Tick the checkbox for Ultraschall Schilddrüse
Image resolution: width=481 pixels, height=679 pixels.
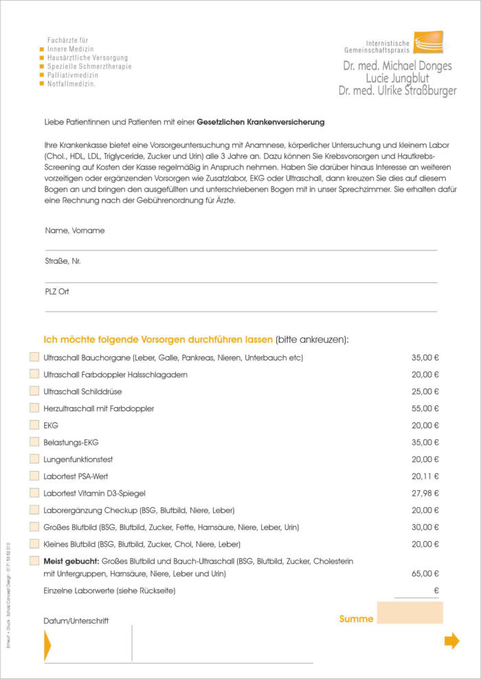pos(34,391)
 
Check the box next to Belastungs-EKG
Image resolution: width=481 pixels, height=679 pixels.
pos(34,442)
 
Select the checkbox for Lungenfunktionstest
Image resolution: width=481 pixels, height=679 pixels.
pos(34,459)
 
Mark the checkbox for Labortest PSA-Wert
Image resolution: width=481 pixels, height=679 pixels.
pos(34,476)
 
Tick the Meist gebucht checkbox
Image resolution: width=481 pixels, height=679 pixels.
pos(34,561)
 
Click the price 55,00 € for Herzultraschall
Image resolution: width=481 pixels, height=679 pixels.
pos(425,408)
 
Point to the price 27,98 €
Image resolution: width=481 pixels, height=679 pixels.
pos(425,493)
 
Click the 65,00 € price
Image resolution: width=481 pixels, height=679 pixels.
pos(425,573)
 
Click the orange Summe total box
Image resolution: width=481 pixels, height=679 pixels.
pos(410,612)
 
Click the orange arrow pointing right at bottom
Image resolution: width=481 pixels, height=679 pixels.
pos(451,641)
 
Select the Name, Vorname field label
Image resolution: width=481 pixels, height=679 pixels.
pos(75,231)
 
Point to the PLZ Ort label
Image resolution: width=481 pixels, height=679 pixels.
pos(57,291)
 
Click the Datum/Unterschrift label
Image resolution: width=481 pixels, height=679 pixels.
pos(76,621)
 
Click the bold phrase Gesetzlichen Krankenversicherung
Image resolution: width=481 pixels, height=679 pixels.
pos(260,122)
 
